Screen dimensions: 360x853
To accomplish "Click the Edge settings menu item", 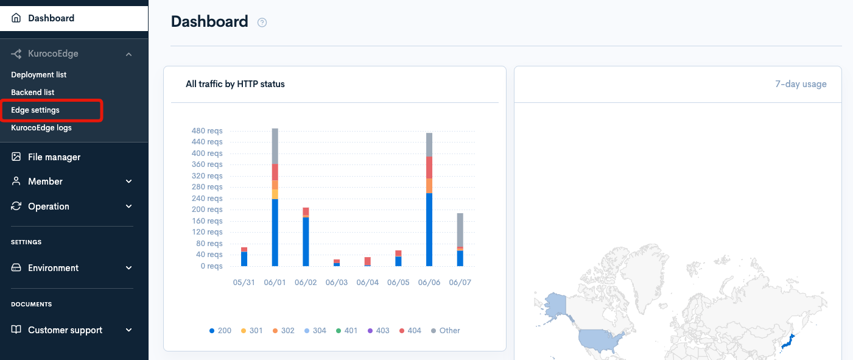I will (x=35, y=110).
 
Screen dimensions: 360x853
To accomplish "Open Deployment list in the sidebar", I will (x=39, y=75).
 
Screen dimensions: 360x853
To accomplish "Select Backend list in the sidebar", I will (x=33, y=93).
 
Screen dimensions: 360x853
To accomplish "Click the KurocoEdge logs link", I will (x=41, y=128).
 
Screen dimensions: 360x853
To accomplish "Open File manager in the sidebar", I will (x=54, y=157).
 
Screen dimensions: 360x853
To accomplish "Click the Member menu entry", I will (x=45, y=182).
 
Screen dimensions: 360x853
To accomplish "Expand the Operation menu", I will (x=49, y=206).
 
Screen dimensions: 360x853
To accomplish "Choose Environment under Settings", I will (x=53, y=268).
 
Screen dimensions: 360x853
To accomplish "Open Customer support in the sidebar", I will (x=65, y=330).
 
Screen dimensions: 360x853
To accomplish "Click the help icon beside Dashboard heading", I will (x=262, y=23).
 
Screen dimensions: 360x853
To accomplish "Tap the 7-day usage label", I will (x=801, y=84).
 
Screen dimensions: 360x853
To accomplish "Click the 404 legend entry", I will (x=410, y=331).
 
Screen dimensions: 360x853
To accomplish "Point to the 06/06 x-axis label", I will (x=429, y=283).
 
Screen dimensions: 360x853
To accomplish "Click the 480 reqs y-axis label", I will (x=207, y=131).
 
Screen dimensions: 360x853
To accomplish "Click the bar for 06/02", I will (x=306, y=238).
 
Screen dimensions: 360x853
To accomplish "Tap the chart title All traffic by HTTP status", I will (x=235, y=84).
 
